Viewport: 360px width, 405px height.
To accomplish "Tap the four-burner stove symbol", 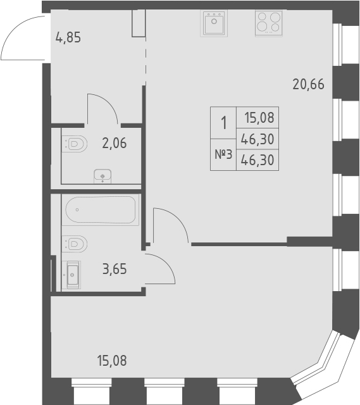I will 268,23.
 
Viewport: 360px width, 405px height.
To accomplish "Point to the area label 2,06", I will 114,143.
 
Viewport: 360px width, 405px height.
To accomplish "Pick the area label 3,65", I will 115,269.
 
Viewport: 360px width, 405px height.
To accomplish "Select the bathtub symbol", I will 101,210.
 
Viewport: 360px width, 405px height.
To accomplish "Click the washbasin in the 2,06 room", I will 102,175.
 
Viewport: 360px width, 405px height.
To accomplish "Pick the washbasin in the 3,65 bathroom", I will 72,274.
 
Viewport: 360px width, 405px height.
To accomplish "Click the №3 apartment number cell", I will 222,155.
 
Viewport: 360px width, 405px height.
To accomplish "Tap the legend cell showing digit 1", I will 223,123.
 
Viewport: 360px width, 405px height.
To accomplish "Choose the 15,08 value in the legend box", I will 258,117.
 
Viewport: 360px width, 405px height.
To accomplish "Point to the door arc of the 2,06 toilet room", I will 103,108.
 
